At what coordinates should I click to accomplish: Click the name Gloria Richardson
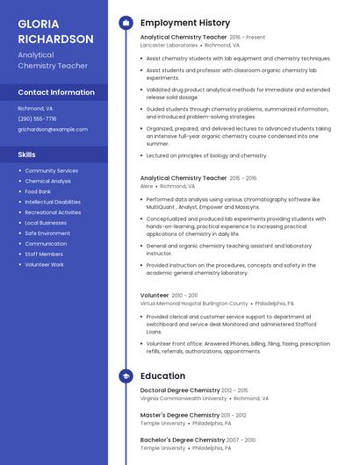coord(55,32)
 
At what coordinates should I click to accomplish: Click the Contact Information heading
coord(56,92)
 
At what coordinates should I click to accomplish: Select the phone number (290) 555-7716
coord(37,118)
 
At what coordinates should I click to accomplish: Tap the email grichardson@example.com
coord(53,129)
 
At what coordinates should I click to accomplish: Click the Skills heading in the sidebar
coord(26,154)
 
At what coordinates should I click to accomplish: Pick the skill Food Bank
coord(38,191)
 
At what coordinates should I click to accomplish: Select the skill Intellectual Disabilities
coord(54,202)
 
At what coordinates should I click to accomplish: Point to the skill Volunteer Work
coord(44,264)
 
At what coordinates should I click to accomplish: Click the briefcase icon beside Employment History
coord(126,23)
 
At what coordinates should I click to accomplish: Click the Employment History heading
coord(185,23)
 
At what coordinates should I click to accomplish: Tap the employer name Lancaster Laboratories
coord(169,45)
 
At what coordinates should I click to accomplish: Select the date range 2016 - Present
coord(248,37)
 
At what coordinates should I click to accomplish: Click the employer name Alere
coord(147,186)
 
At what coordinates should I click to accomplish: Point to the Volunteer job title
coord(155,295)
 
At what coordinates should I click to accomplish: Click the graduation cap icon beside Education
coord(126,376)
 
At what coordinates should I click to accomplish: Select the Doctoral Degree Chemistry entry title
coord(180,390)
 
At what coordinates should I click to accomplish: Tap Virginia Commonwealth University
coord(184,398)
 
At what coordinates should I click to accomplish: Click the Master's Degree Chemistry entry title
coord(179,414)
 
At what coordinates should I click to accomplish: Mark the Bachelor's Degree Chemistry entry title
coord(183,439)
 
